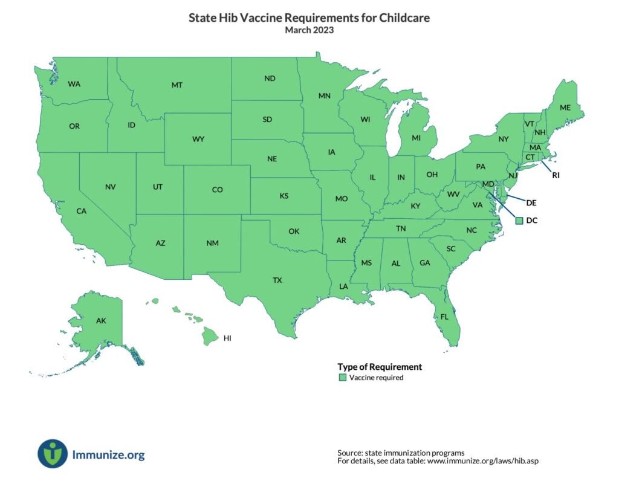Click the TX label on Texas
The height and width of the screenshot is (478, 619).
[x=277, y=280]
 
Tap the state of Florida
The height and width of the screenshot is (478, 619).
[x=444, y=317]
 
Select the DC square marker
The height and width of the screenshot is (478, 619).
[x=519, y=221]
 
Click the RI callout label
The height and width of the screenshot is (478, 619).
[x=556, y=176]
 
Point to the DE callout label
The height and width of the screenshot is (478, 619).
[x=531, y=202]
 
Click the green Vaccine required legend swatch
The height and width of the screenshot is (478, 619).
[x=342, y=378]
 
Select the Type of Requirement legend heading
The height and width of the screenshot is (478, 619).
[x=379, y=367]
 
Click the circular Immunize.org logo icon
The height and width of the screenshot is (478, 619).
[x=53, y=454]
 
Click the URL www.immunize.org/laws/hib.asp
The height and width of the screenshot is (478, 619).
[x=482, y=461]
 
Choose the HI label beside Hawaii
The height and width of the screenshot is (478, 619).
[x=227, y=338]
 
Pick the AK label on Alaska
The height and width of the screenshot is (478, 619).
[x=101, y=321]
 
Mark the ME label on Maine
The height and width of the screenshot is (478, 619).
[x=565, y=108]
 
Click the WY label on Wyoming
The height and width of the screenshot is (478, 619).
[x=198, y=139]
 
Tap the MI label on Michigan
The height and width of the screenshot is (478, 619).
[x=416, y=138]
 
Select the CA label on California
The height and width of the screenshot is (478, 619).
[x=81, y=212]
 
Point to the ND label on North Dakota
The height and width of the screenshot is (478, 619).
[x=270, y=79]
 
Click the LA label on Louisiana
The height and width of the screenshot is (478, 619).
[x=343, y=286]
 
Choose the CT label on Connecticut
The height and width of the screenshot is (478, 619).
[x=530, y=157]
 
